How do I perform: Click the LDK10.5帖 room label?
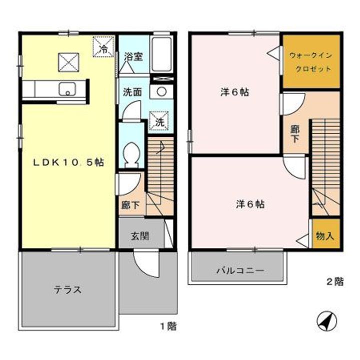(x=69, y=162)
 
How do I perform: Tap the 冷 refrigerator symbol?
(x=103, y=48)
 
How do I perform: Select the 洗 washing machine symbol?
(x=158, y=120)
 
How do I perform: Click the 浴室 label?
(x=133, y=56)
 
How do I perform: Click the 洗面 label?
(x=132, y=92)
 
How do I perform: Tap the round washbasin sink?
(x=161, y=92)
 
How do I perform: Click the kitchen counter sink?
(x=67, y=90)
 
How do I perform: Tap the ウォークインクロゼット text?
(x=310, y=62)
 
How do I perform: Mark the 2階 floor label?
(x=334, y=281)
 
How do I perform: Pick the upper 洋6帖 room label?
(x=235, y=92)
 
